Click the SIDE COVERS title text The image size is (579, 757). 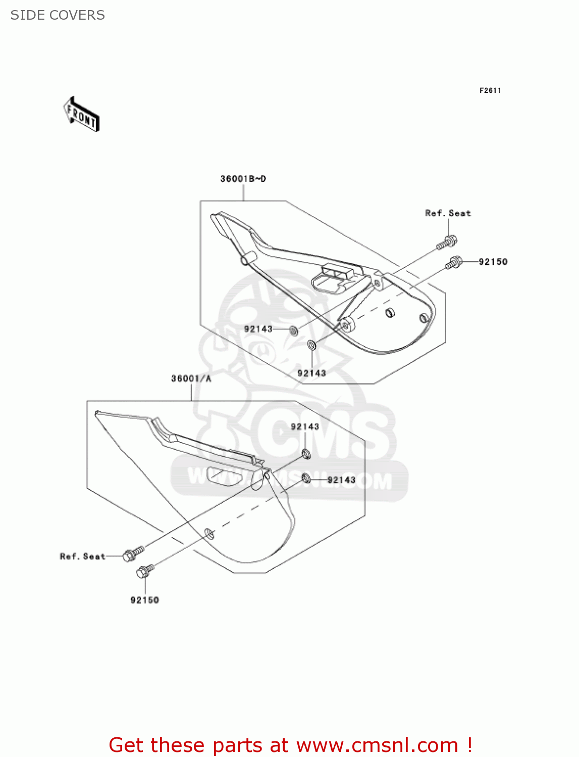pyautogui.click(x=58, y=15)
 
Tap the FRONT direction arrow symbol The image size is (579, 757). pyautogui.click(x=81, y=115)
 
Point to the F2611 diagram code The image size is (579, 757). pyautogui.click(x=490, y=90)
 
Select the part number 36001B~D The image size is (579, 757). pyautogui.click(x=243, y=179)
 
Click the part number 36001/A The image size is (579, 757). pyautogui.click(x=191, y=379)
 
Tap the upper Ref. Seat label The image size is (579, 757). pyautogui.click(x=448, y=213)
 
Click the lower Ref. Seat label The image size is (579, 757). pyautogui.click(x=82, y=556)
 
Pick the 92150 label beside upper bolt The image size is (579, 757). pyautogui.click(x=493, y=261)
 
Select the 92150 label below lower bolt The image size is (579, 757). pyautogui.click(x=144, y=600)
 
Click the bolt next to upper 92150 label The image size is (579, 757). pyautogui.click(x=453, y=262)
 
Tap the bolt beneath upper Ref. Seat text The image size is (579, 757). pyautogui.click(x=447, y=242)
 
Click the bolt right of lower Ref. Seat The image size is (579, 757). pyautogui.click(x=133, y=553)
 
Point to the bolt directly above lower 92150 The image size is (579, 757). pyautogui.click(x=145, y=571)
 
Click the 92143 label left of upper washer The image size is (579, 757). pyautogui.click(x=258, y=329)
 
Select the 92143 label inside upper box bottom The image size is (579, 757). pyautogui.click(x=311, y=373)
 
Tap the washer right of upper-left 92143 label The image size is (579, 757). pyautogui.click(x=293, y=331)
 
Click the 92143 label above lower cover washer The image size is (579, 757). pyautogui.click(x=305, y=427)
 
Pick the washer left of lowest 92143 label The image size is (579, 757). pyautogui.click(x=306, y=477)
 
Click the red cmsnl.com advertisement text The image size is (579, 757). pyautogui.click(x=290, y=745)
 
